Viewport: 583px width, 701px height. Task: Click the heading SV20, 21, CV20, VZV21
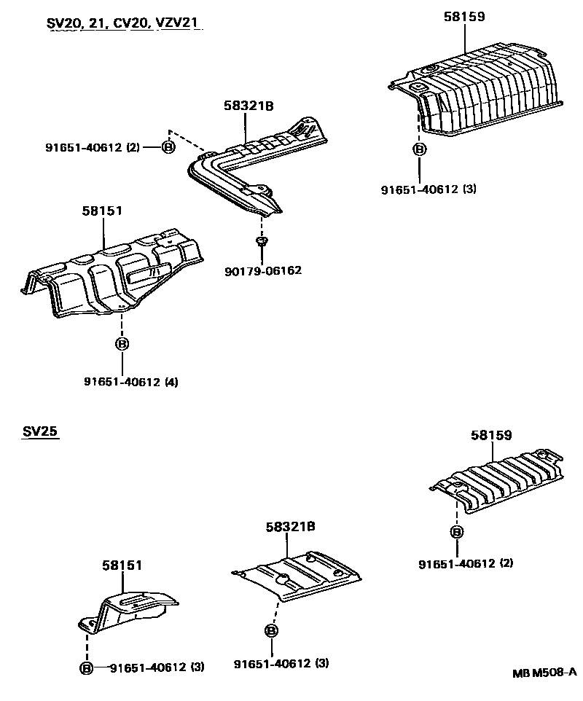(122, 23)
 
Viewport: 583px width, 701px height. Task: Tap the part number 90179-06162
(263, 270)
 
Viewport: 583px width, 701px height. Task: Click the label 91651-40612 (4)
(121, 381)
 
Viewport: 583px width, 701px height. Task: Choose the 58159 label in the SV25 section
(491, 435)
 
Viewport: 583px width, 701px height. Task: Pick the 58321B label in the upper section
(248, 106)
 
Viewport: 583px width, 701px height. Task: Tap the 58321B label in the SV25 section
(290, 526)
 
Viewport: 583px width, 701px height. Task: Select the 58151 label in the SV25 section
(122, 565)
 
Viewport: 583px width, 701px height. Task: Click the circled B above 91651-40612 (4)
(122, 343)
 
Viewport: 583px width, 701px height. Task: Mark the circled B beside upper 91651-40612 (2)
(168, 147)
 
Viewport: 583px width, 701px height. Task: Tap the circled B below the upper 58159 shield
(419, 149)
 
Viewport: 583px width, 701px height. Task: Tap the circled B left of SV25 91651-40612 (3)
(86, 667)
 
